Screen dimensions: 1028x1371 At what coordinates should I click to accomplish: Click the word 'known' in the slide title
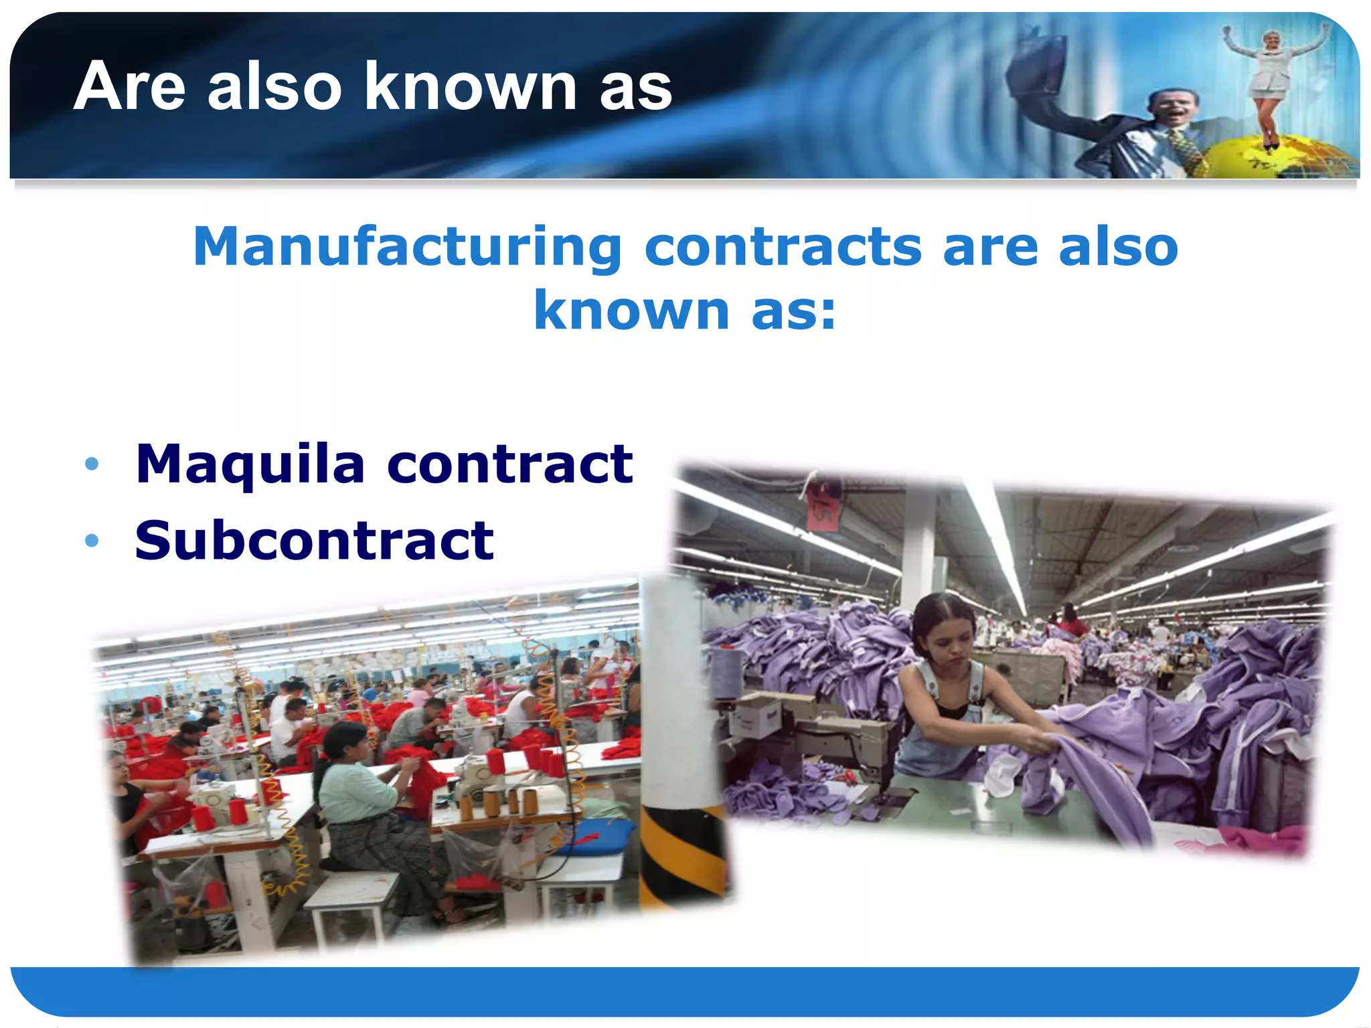471,86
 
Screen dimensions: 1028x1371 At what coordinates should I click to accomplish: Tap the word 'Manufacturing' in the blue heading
408,247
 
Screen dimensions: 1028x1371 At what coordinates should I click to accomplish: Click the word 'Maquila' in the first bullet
250,464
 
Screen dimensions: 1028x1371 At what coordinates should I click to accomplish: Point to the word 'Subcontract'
314,541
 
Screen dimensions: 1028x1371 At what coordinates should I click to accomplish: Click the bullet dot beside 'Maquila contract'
92,464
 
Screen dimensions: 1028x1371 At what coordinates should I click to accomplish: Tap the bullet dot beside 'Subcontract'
92,540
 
